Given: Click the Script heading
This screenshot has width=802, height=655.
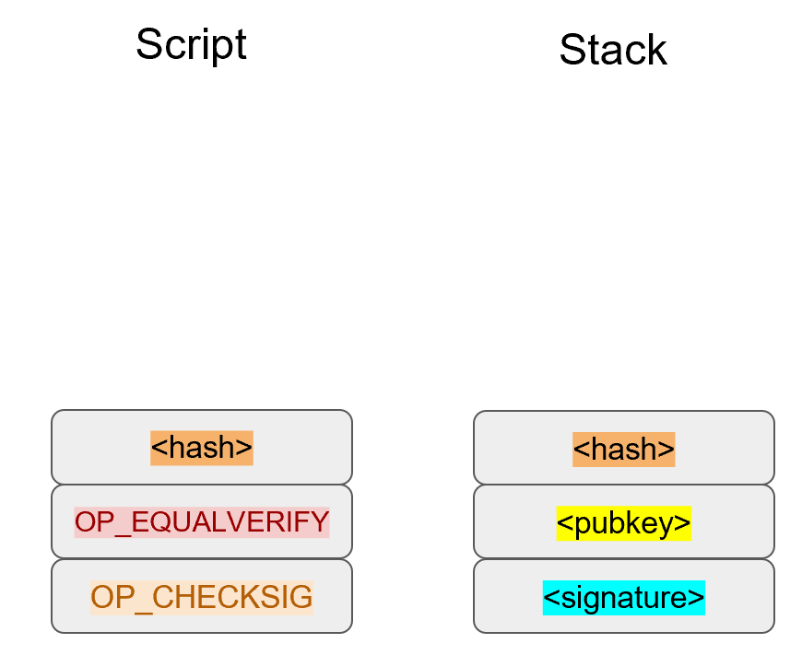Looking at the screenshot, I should tap(191, 44).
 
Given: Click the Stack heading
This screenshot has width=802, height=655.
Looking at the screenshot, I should tap(612, 50).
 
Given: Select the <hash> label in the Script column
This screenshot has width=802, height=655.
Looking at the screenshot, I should tap(202, 448).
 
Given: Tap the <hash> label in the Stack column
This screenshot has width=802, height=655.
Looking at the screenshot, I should tap(624, 449).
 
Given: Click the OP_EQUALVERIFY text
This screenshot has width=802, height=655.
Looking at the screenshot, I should tap(202, 522).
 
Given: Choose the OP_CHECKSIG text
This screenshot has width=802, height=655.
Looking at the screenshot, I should tap(202, 597).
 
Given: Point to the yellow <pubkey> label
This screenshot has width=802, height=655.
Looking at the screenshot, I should tap(624, 523).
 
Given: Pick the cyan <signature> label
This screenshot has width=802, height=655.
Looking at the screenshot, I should tap(624, 597).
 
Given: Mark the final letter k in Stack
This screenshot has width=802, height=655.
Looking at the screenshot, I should tap(656, 50).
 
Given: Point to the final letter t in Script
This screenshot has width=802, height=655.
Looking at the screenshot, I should tap(242, 44).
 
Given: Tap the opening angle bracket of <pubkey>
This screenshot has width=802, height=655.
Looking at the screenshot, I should tap(563, 524).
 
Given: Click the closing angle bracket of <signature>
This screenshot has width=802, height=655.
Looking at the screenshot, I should tap(698, 598).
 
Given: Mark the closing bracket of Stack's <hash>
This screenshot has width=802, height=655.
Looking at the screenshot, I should tap(668, 450).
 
